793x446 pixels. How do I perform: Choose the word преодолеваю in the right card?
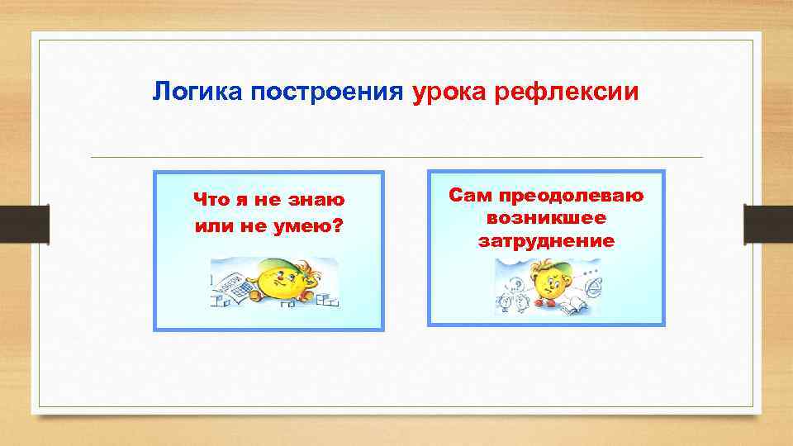[x=568, y=195]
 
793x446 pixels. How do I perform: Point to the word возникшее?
[x=546, y=218]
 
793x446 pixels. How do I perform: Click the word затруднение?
[x=546, y=241]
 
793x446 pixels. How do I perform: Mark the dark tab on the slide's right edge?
[x=767, y=223]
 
